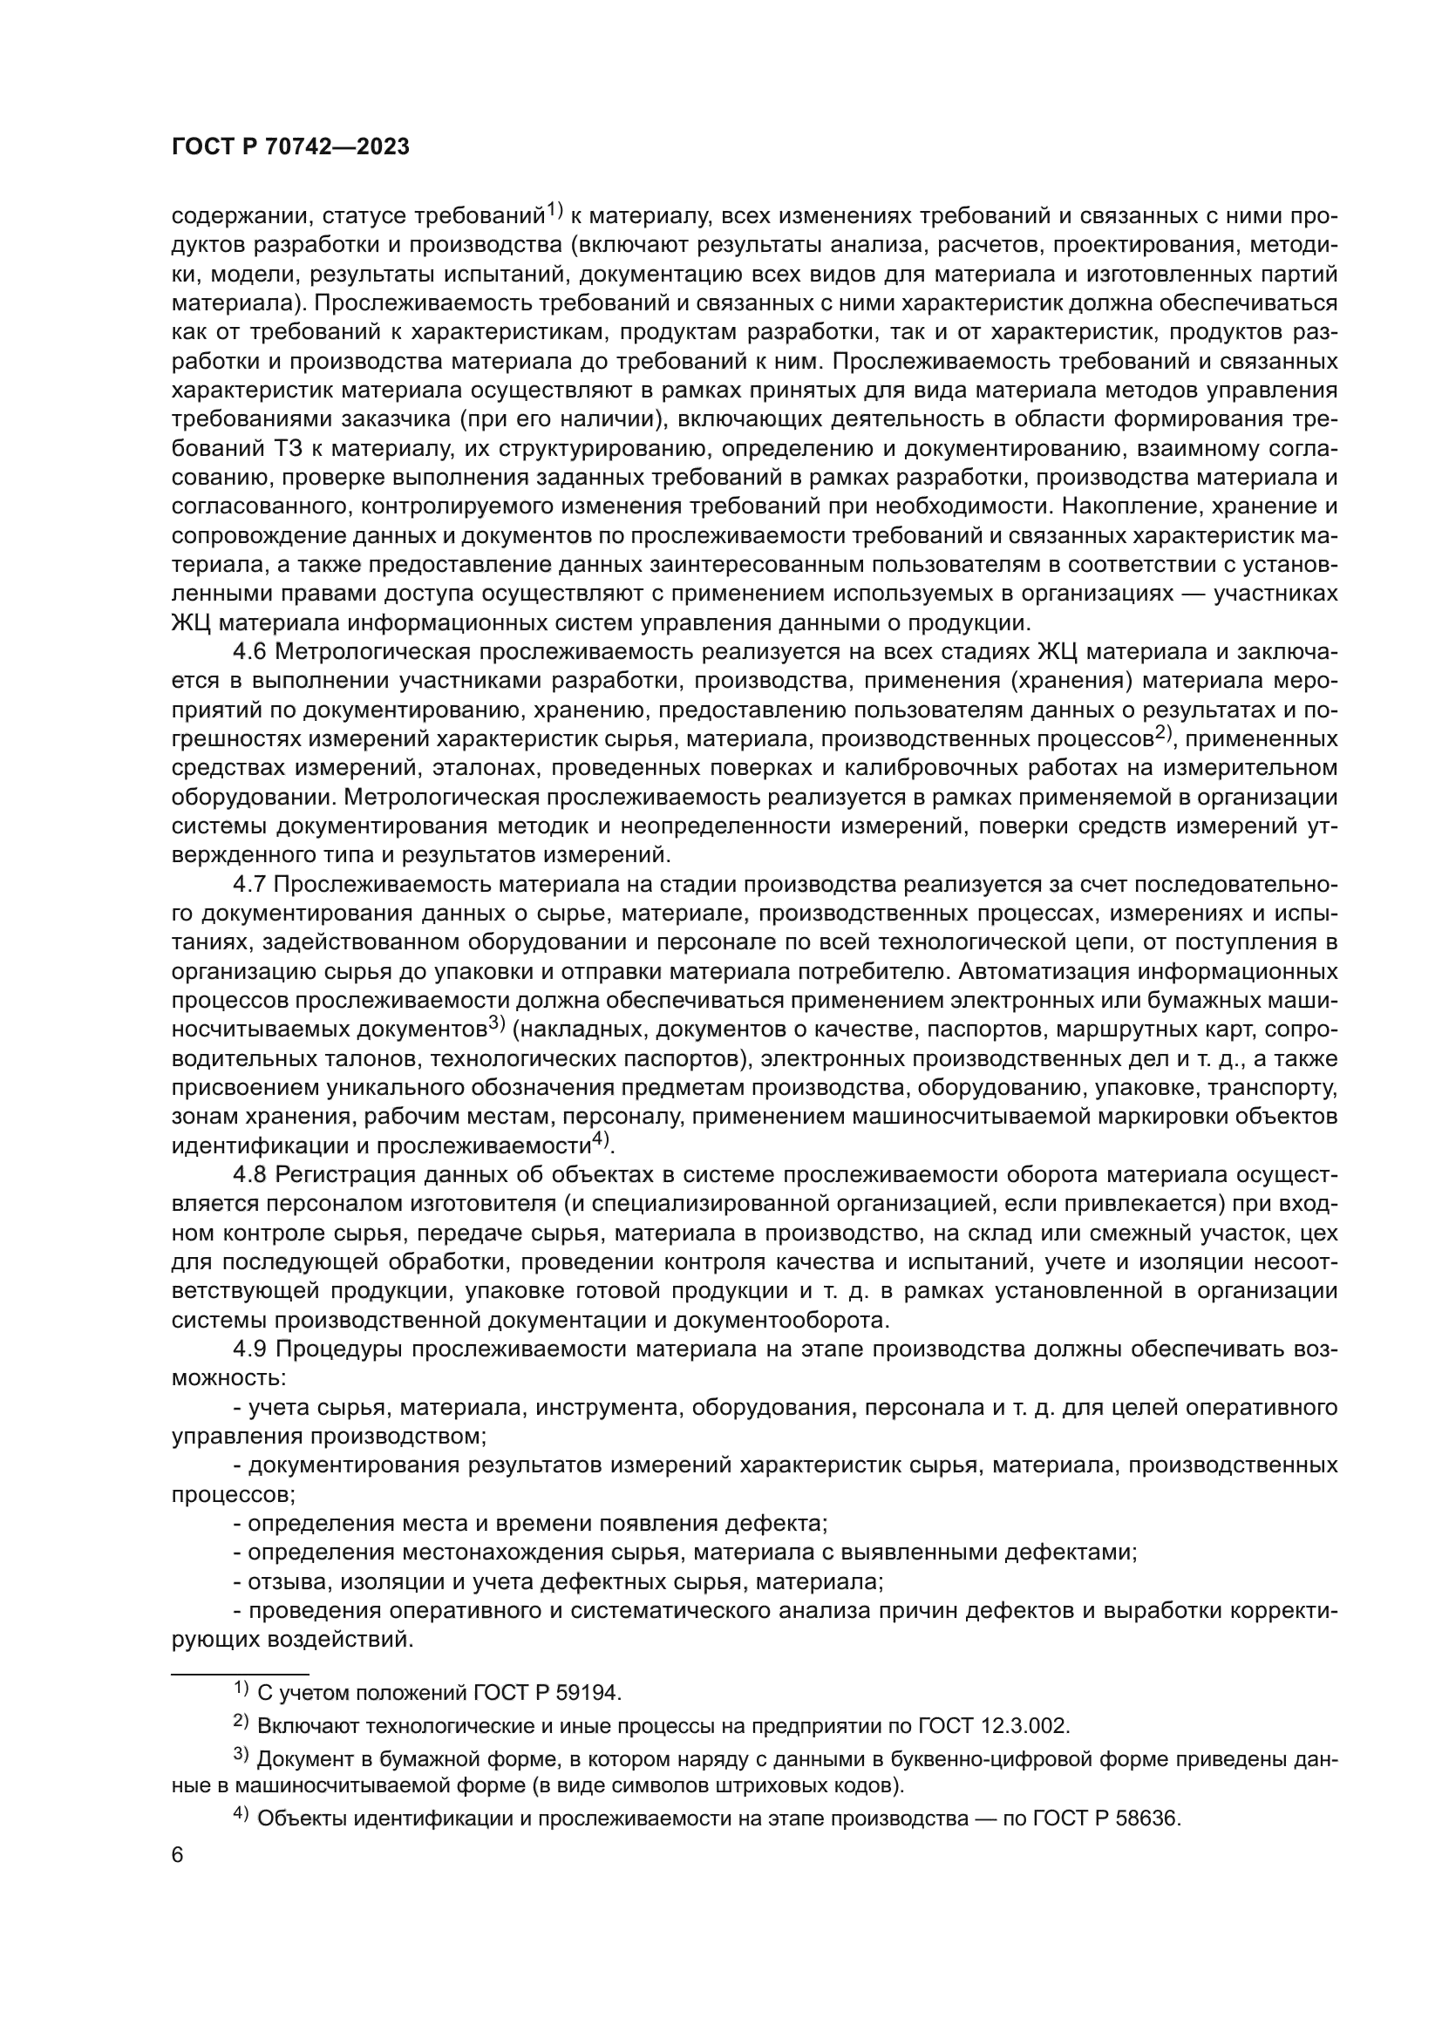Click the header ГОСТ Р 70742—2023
tap(290, 147)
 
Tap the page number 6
tap(178, 1855)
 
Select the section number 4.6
tap(249, 652)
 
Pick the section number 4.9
tap(249, 1349)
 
